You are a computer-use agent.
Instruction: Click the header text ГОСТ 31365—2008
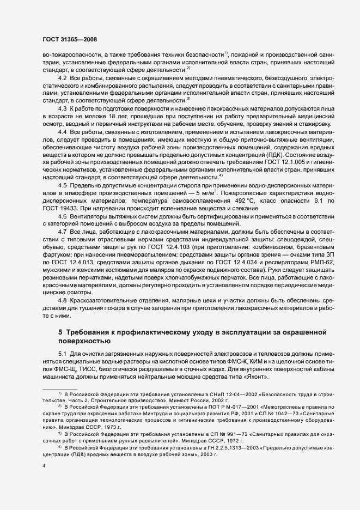pos(70,39)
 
